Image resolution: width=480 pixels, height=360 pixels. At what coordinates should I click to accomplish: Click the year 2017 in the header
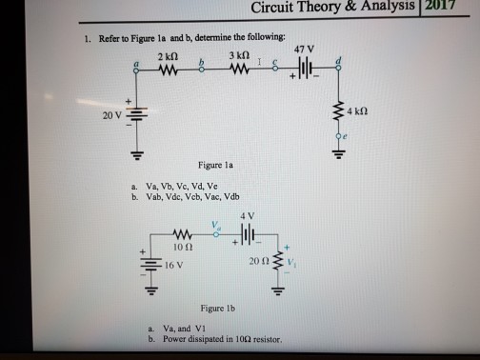point(462,10)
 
